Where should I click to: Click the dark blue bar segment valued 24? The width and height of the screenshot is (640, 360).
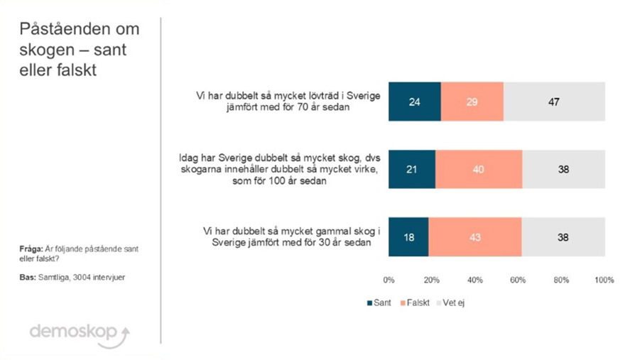point(414,102)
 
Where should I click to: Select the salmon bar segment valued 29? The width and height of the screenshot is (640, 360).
point(472,102)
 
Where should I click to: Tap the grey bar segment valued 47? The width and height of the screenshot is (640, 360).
point(554,102)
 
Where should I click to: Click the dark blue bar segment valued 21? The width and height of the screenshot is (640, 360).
point(412,169)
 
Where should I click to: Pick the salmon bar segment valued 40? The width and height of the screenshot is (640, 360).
point(478,169)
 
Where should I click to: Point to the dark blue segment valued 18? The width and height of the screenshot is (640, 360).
point(408,237)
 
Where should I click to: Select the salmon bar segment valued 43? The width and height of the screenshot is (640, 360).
point(474,237)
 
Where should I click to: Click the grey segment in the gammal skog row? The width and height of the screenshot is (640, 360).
point(563,237)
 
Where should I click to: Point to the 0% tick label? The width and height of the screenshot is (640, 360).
point(389,280)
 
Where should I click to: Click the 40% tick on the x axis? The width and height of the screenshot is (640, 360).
point(475,280)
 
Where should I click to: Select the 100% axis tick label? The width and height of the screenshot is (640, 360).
point(603,280)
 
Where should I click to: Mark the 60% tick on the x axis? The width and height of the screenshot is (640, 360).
point(519,280)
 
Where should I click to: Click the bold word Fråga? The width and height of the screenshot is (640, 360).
point(31,249)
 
